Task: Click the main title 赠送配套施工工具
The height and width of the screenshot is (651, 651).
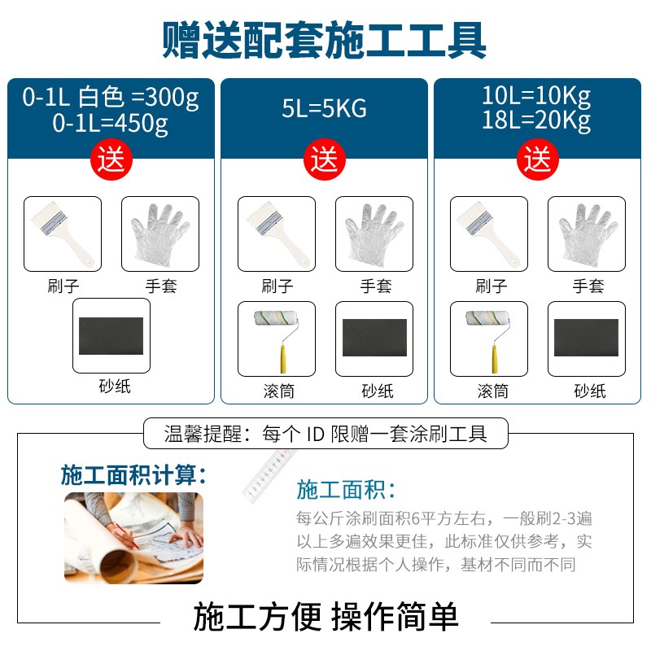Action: pos(325,38)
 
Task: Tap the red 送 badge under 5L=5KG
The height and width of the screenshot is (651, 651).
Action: pos(325,159)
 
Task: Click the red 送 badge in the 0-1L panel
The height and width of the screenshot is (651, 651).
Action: pos(111,159)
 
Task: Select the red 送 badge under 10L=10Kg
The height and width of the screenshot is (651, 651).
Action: pos(538,159)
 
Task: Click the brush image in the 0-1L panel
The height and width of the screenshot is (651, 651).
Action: pos(63,234)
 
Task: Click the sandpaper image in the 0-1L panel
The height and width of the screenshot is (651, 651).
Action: pos(111,336)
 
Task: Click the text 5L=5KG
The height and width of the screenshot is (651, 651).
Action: pos(325,108)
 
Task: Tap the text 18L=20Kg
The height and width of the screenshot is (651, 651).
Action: pos(536,122)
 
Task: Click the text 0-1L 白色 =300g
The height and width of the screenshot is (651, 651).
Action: pos(111,98)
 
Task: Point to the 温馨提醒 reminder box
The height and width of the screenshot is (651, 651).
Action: pos(325,433)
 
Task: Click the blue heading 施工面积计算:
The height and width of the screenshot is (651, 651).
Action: pos(133,474)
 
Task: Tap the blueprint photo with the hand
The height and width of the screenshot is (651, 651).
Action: pos(133,537)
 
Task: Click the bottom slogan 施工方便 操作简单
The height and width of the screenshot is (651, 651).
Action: pos(325,617)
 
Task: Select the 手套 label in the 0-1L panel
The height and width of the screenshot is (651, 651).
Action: pos(160,286)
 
